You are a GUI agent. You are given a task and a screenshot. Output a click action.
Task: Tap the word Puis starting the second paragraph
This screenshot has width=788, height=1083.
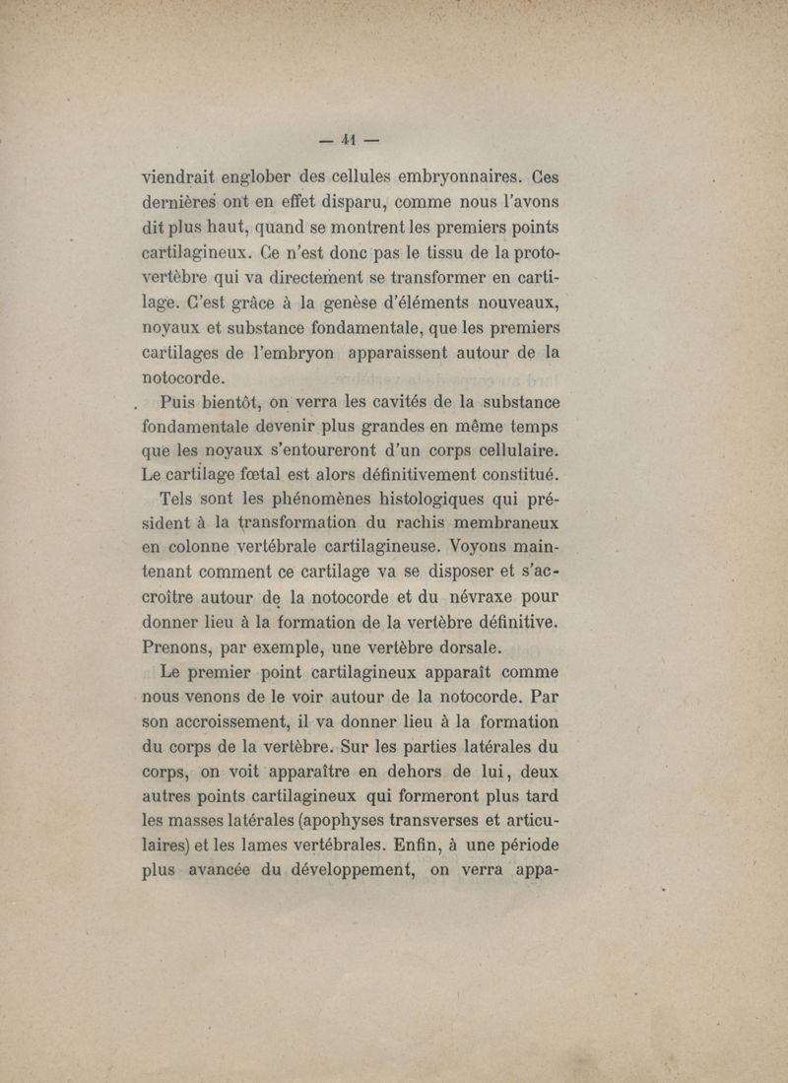184,402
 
